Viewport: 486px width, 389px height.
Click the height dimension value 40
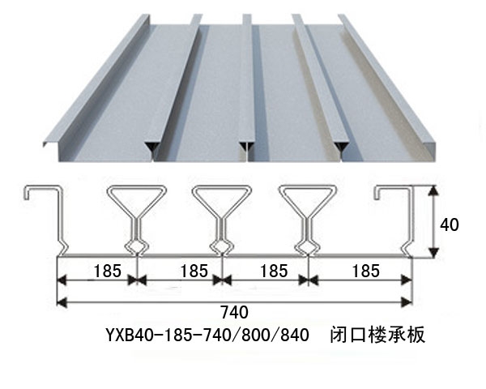pos(449,224)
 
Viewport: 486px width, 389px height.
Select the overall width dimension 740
pos(234,312)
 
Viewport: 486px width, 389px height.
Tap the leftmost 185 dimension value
pos(107,271)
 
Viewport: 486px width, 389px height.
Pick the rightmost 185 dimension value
pos(366,271)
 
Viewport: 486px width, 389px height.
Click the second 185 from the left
pos(194,271)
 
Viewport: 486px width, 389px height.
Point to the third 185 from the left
pos(274,271)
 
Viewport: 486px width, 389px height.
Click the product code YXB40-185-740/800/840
pos(207,335)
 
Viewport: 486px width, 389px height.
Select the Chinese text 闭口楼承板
pos(377,335)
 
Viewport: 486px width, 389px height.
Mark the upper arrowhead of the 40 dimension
pos(434,190)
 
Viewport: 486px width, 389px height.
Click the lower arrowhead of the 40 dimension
pos(434,253)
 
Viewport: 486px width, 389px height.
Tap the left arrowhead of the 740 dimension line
pos(62,301)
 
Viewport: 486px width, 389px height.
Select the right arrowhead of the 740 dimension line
pos(407,301)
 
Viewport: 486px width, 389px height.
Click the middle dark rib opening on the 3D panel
pos(247,147)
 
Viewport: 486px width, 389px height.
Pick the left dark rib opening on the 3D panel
pos(152,147)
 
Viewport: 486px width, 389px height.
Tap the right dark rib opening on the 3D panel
pos(342,147)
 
